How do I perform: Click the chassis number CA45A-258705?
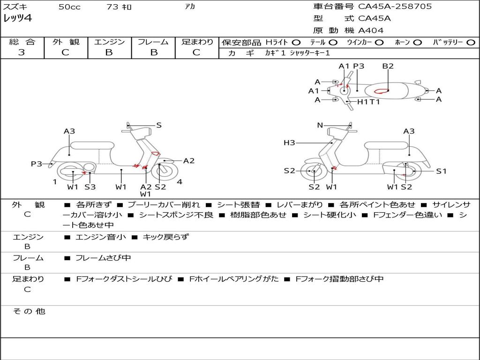[395, 7]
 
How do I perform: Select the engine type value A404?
[371, 30]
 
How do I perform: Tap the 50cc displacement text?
[69, 7]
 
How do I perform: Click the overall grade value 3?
[22, 52]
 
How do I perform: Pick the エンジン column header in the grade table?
[109, 42]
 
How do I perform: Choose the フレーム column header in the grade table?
[153, 42]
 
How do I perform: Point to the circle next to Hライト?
[296, 42]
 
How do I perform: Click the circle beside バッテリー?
[471, 42]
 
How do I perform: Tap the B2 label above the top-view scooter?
[388, 66]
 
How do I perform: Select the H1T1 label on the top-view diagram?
[368, 102]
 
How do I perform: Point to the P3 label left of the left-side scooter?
[37, 164]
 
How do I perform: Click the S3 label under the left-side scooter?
[90, 187]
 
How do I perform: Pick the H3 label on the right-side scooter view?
[289, 143]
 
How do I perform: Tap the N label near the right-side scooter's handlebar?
[320, 125]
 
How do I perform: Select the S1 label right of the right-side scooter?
[441, 171]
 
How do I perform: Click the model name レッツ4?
[17, 18]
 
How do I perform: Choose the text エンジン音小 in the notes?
[101, 237]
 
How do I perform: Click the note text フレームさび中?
[103, 258]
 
